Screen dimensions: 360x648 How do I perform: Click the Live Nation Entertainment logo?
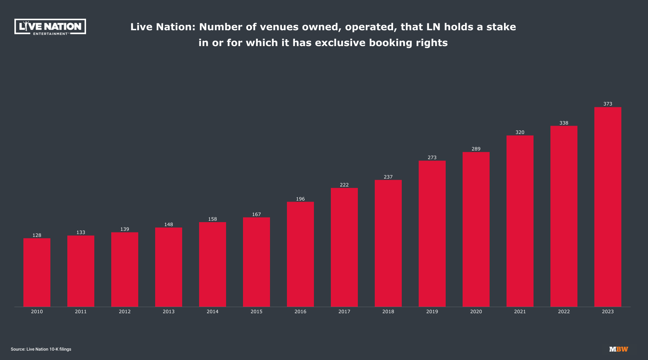click(50, 27)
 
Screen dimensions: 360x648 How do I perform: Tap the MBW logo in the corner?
click(618, 349)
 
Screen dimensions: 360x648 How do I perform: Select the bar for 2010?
click(37, 273)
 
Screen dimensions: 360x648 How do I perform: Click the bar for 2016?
click(300, 254)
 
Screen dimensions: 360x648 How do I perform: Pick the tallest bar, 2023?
click(608, 207)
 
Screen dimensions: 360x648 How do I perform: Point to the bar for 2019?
click(432, 234)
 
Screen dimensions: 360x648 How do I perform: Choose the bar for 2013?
click(168, 267)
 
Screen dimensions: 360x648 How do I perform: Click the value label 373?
click(608, 104)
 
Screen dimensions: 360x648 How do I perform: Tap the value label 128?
click(37, 235)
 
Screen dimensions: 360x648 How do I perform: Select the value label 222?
click(344, 185)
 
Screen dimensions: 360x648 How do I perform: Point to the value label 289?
click(476, 149)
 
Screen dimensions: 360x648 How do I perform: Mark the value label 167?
click(256, 214)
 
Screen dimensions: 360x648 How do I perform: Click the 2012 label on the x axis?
click(125, 311)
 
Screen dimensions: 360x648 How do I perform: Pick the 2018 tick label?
click(388, 311)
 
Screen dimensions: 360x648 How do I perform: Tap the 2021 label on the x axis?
click(520, 311)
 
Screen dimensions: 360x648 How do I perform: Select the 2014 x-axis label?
click(212, 311)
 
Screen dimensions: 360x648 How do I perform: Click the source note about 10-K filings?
click(41, 349)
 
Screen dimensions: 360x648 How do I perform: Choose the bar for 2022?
click(564, 216)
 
